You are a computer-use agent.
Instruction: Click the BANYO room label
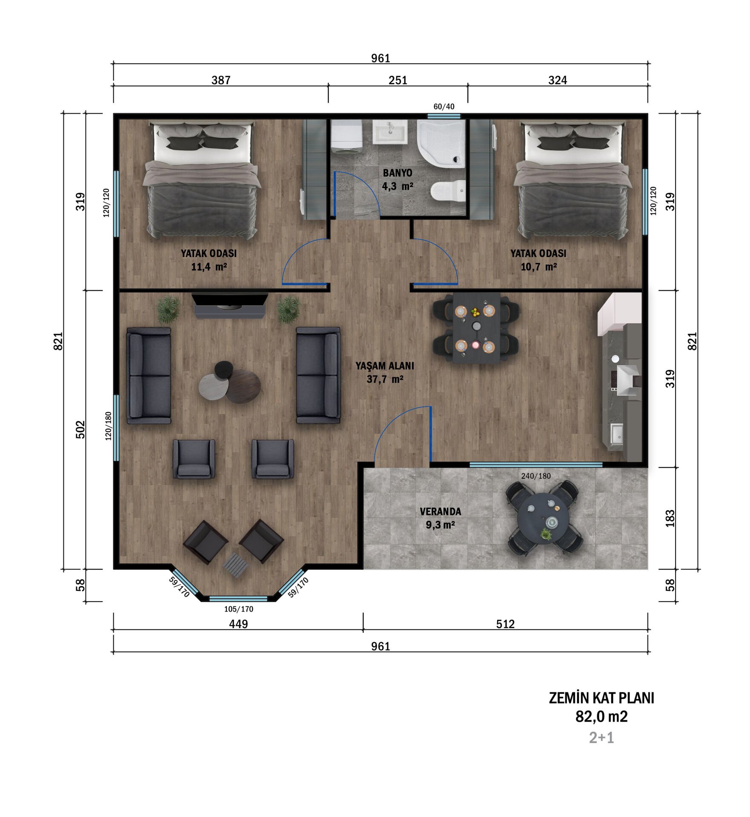coord(397,173)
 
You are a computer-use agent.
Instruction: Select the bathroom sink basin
coord(390,131)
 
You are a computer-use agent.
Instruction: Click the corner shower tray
coord(441,144)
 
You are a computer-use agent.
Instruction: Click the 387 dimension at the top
coord(221,80)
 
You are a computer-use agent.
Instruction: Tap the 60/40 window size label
coord(444,106)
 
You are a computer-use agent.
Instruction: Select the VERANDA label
coord(441,511)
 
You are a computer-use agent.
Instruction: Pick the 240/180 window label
coord(536,476)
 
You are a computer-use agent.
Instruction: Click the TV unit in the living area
coord(230,305)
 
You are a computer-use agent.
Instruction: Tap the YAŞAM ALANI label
coord(385,366)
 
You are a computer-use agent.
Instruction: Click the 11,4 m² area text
coord(209,267)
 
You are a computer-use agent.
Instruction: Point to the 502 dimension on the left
coord(80,430)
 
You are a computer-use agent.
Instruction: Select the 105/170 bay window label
coord(239,609)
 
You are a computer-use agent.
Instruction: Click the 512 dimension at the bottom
coord(506,624)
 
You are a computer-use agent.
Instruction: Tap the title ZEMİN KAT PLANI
coord(601,698)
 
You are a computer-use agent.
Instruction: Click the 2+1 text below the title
coord(601,737)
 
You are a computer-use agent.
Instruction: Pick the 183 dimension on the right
coord(670,518)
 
